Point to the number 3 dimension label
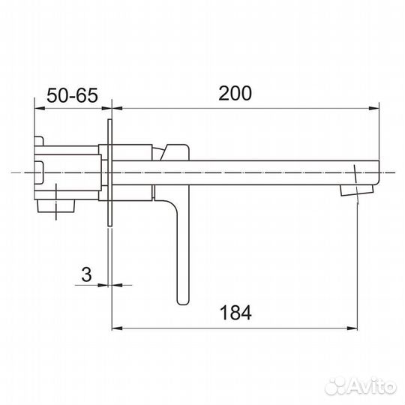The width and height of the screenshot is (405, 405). point(86,274)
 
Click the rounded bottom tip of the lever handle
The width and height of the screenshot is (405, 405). point(183,300)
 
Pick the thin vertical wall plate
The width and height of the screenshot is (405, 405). point(110,172)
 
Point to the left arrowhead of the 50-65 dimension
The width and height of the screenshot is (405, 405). point(38,109)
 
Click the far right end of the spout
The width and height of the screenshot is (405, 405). point(377,172)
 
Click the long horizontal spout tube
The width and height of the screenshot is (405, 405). point(262,172)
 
